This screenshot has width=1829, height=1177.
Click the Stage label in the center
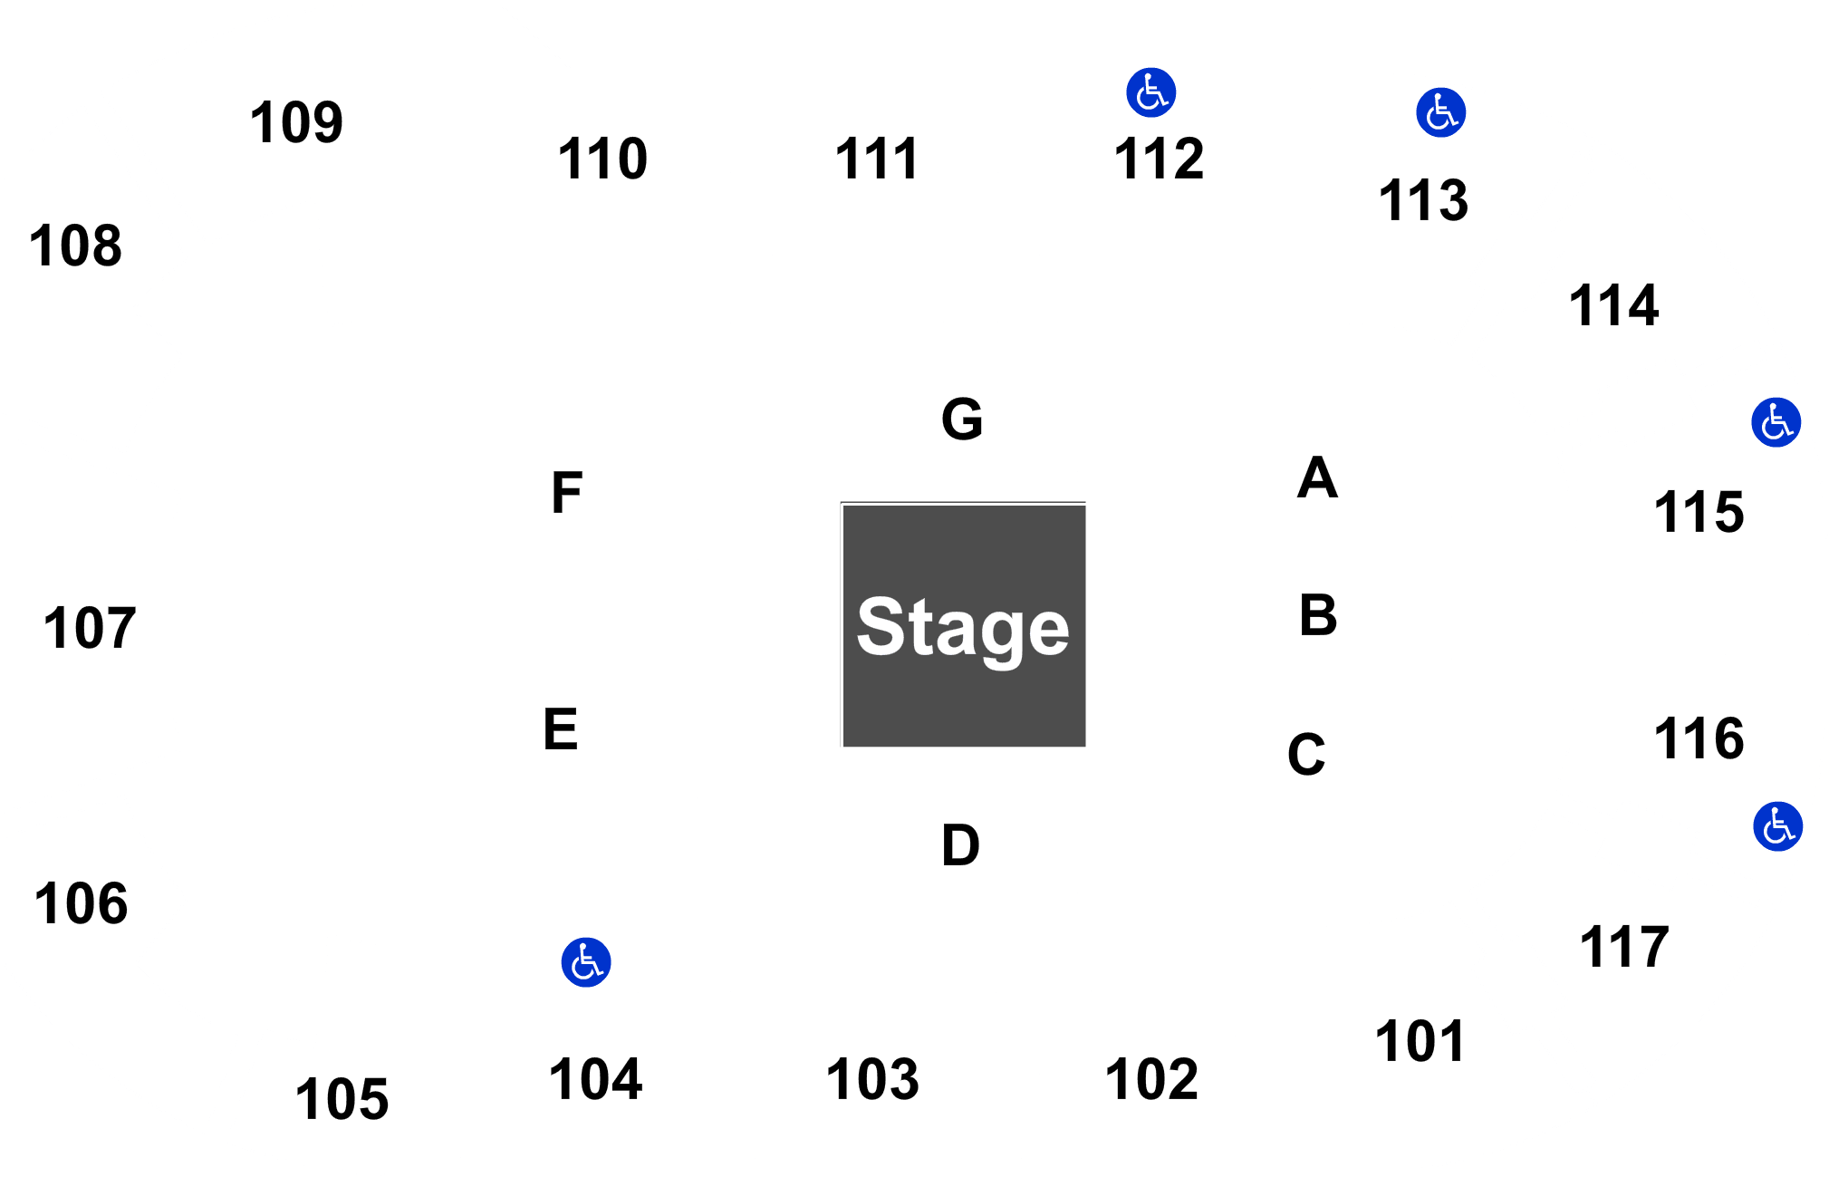coord(963,628)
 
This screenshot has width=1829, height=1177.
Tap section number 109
coord(296,122)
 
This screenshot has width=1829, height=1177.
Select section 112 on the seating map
coord(1159,159)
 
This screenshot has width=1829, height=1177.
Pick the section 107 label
coord(90,628)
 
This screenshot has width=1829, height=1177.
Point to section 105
coord(342,1099)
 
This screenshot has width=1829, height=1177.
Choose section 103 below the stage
coord(872,1079)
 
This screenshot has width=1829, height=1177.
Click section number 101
coord(1420,1041)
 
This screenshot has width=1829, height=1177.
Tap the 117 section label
coord(1623,947)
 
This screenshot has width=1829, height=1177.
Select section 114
coord(1613,304)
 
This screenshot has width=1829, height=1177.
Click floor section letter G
coord(962,419)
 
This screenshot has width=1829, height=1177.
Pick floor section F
coord(567,493)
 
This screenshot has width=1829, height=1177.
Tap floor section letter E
coord(561,729)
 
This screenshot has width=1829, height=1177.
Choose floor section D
coord(960,845)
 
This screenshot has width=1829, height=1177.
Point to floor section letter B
coord(1318,615)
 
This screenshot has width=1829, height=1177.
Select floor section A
coord(1317,478)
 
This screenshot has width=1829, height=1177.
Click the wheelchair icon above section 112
coord(1150,92)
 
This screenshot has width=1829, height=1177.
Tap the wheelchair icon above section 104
coord(586,962)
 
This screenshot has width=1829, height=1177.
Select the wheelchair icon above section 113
coord(1440,112)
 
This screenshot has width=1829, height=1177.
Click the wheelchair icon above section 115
coord(1776,422)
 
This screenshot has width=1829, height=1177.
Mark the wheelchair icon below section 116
coord(1777,826)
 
